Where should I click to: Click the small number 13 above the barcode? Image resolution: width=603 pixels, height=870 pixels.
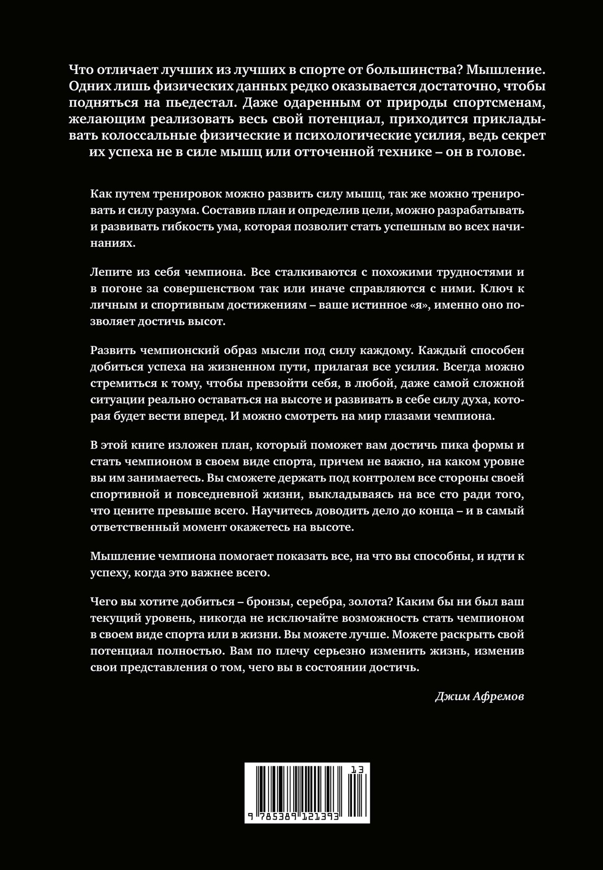click(x=357, y=770)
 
